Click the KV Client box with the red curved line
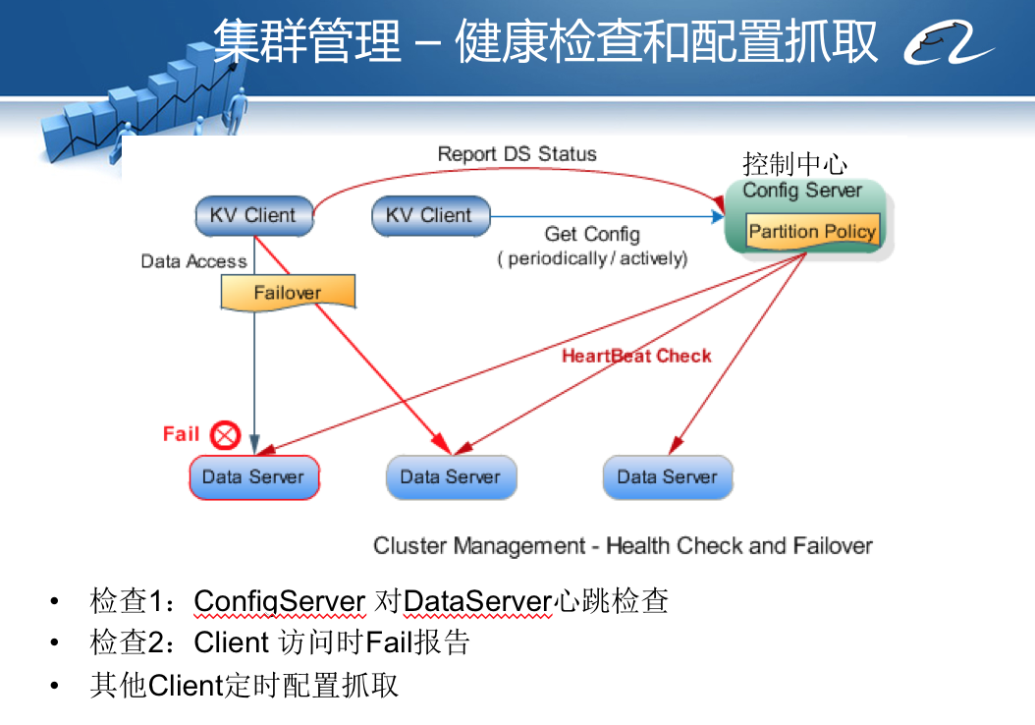253,216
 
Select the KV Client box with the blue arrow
429,216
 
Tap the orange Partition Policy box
811,233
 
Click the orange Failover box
287,293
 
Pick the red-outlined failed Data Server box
253,477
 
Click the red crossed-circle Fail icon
226,434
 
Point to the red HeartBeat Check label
636,356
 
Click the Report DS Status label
517,154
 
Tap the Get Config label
592,234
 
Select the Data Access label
193,261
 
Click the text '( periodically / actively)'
592,259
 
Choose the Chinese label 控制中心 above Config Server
794,163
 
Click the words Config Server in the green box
801,191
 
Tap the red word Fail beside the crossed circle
182,433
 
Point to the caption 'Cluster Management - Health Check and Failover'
623,546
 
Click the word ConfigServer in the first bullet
280,600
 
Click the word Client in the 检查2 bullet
232,642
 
